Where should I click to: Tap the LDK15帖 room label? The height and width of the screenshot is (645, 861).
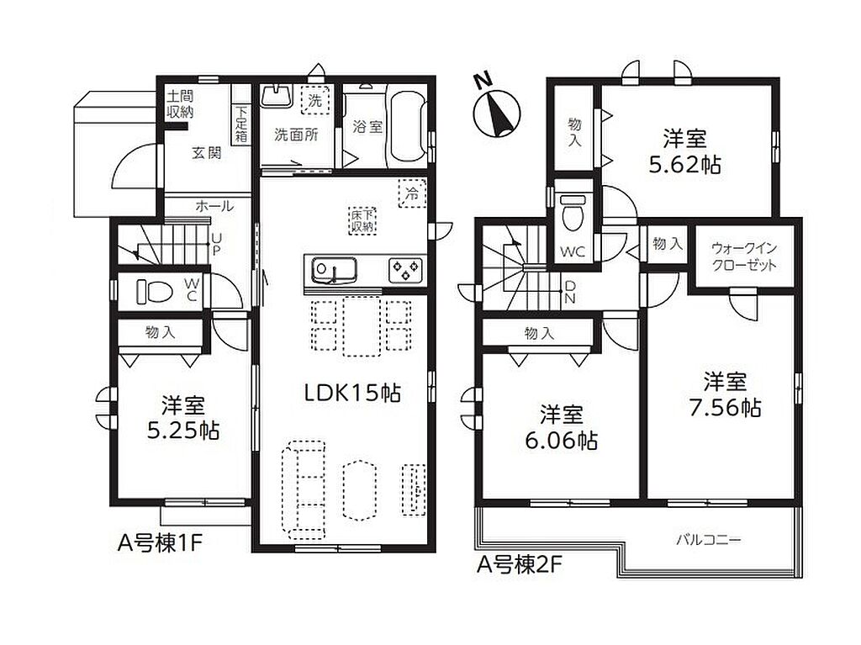point(352,393)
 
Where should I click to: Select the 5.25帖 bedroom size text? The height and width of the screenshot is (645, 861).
point(183,431)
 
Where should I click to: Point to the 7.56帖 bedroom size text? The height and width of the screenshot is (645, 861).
point(725,408)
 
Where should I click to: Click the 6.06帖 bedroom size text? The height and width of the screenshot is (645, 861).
point(561,440)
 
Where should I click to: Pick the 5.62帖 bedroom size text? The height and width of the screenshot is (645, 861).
point(684,165)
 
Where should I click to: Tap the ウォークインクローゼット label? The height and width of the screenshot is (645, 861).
point(744,256)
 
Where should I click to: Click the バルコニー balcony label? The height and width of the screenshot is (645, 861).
point(708,540)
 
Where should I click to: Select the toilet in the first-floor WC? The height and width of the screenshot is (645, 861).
point(155,291)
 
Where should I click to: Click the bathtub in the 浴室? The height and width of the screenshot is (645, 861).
point(407,126)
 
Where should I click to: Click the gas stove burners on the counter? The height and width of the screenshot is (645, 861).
point(405,270)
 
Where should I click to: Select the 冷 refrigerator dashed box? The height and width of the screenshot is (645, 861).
point(412,193)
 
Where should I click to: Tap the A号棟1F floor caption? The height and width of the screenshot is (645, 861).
point(161,543)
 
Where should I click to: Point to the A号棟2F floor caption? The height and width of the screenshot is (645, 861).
point(520,565)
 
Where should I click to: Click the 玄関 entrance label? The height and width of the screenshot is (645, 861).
point(207,153)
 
